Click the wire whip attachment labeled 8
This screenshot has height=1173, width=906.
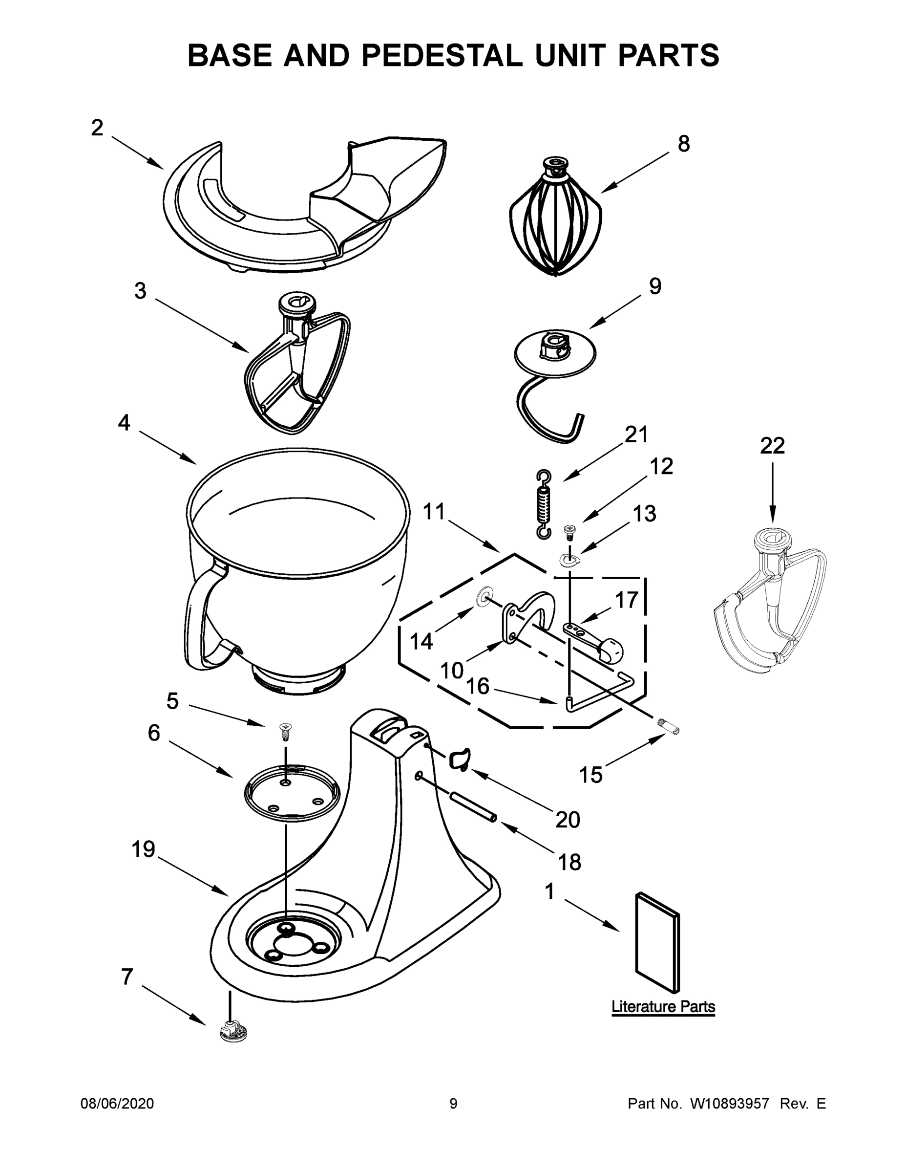(555, 220)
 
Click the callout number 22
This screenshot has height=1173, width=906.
(772, 446)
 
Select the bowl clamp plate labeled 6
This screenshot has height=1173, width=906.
(293, 794)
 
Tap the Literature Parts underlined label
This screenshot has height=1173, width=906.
(663, 1006)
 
